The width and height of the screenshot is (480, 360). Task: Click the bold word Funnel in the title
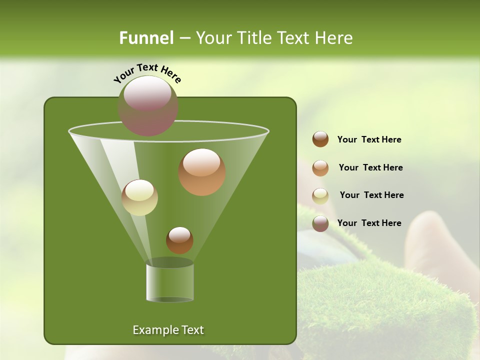(x=146, y=38)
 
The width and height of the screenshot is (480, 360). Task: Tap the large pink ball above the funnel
(x=147, y=105)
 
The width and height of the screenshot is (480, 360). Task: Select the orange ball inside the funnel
(x=201, y=171)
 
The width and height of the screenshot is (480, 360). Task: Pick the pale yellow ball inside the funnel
(x=139, y=197)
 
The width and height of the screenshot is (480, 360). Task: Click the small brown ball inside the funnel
(x=179, y=240)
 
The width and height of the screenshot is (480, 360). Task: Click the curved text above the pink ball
(x=147, y=72)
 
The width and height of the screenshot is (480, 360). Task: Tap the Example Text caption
(x=168, y=330)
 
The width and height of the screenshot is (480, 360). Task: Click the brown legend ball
(x=320, y=139)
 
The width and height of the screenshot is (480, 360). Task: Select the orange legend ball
(x=320, y=168)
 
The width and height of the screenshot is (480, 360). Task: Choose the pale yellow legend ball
(x=320, y=196)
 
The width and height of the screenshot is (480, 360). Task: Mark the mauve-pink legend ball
(x=320, y=223)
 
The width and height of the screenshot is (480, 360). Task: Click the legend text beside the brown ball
(x=369, y=139)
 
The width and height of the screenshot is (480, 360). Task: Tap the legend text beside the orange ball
(x=370, y=167)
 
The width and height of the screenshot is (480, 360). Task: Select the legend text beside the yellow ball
(x=371, y=195)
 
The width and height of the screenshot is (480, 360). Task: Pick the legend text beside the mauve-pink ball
(x=369, y=223)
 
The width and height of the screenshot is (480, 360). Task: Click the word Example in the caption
(x=153, y=330)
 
